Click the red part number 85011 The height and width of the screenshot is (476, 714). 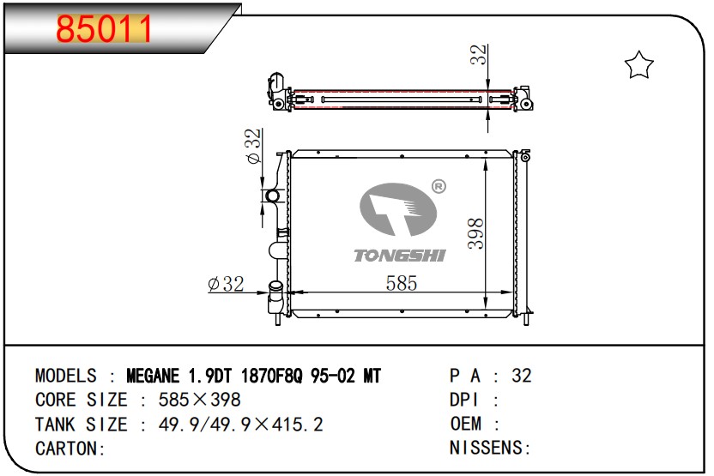click(104, 29)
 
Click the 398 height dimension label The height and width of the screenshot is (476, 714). click(475, 233)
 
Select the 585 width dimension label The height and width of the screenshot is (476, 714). click(401, 283)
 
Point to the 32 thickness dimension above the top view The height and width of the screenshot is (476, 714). click(478, 55)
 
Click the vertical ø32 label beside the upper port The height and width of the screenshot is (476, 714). click(253, 146)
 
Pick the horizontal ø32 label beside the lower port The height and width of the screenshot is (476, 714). click(226, 284)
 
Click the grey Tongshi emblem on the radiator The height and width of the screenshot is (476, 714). click(398, 210)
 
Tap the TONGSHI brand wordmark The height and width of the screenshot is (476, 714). click(400, 256)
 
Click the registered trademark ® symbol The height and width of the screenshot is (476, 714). click(439, 186)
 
